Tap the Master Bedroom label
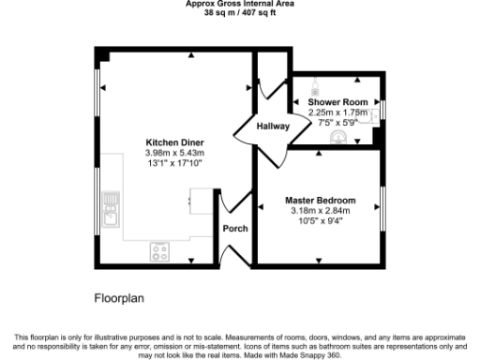tap(321, 201)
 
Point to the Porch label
tap(233, 228)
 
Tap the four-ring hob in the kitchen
tap(159, 251)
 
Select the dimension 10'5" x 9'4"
tap(321, 221)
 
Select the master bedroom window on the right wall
tap(382, 207)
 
